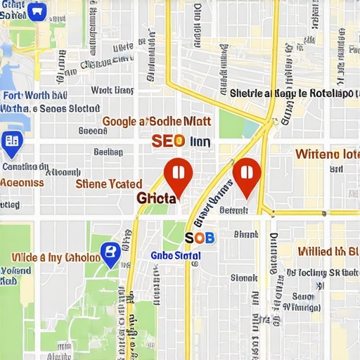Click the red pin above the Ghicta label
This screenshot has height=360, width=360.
pyautogui.click(x=177, y=174)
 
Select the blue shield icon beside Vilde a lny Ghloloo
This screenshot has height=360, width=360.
pyautogui.click(x=110, y=254)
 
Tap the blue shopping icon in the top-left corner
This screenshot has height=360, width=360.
pyautogui.click(x=37, y=11)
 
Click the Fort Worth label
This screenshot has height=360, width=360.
pyautogui.click(x=34, y=96)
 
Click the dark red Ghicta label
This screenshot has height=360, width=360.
pyautogui.click(x=156, y=198)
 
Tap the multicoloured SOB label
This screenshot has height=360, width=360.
pyautogui.click(x=199, y=238)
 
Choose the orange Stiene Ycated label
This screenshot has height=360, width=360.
pyautogui.click(x=108, y=184)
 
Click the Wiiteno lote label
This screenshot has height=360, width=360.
pyautogui.click(x=327, y=153)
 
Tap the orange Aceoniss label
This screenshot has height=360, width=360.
pyautogui.click(x=22, y=182)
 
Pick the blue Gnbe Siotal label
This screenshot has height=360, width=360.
pyautogui.click(x=176, y=255)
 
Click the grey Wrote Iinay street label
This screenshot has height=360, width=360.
pyautogui.click(x=112, y=90)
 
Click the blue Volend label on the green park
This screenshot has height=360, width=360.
pyautogui.click(x=15, y=270)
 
